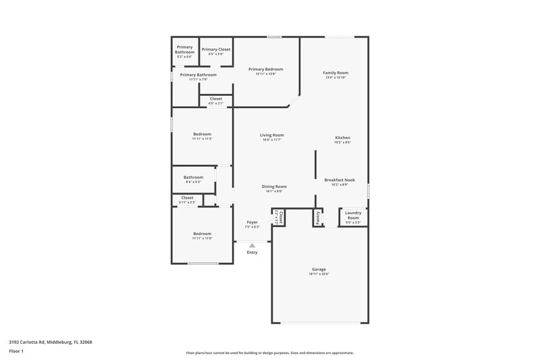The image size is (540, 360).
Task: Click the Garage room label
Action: [318, 269]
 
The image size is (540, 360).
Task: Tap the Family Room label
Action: [335, 72]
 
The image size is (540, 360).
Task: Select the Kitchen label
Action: [342, 137]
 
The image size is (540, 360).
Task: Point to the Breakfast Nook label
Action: [340, 180]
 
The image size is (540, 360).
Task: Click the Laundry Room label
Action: [353, 213]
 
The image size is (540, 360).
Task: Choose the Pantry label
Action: [317, 217]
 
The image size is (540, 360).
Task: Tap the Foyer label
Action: [252, 222]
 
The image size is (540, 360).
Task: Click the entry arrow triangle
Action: [252, 245]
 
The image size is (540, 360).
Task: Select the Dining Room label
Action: [274, 186]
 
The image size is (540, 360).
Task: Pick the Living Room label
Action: [271, 135]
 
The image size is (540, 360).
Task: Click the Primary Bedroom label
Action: [265, 69]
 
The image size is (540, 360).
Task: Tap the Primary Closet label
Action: [216, 49]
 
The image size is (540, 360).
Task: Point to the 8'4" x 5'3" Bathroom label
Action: [193, 177]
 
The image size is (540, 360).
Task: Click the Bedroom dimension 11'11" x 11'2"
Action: [202, 138]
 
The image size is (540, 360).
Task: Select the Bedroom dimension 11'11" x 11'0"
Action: [202, 238]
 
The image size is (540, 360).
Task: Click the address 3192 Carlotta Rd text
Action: [50, 342]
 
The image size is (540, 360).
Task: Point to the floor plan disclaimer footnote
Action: [269, 353]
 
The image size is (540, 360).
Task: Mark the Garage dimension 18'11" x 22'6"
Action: [318, 274]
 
